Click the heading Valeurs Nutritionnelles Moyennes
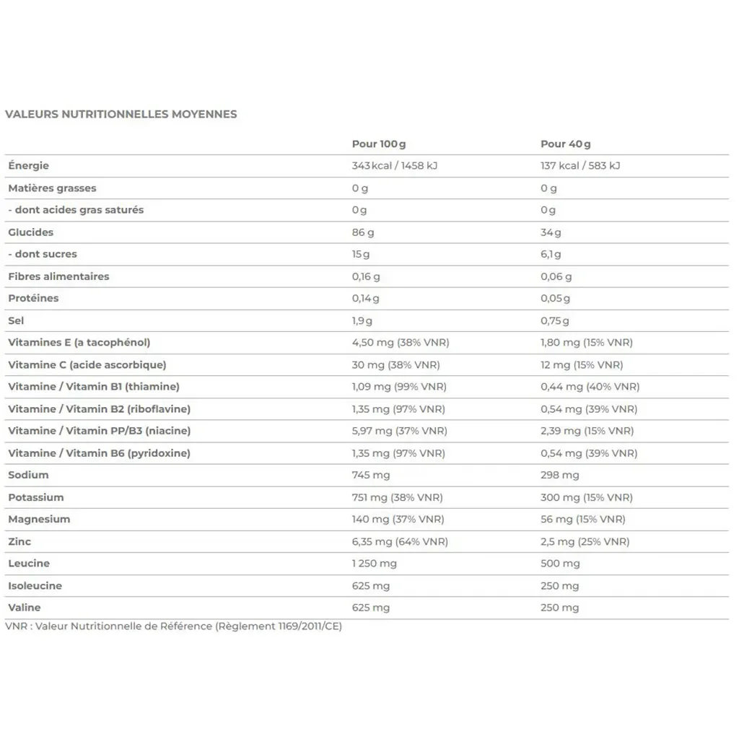pyautogui.click(x=121, y=114)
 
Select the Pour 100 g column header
pyautogui.click(x=379, y=144)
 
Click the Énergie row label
pyautogui.click(x=29, y=165)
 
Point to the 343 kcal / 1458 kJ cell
pyautogui.click(x=395, y=165)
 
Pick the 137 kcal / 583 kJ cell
pyautogui.click(x=580, y=165)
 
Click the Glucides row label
pyautogui.click(x=31, y=232)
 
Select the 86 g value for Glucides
pyautogui.click(x=363, y=232)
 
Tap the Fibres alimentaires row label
pyautogui.click(x=58, y=276)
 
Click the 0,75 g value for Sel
pyautogui.click(x=555, y=320)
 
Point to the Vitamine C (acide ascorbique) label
pyautogui.click(x=87, y=364)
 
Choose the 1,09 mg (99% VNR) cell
pyautogui.click(x=399, y=387)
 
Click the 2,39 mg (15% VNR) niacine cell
pyautogui.click(x=587, y=431)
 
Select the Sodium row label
pyautogui.click(x=29, y=475)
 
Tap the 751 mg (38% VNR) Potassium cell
pyautogui.click(x=397, y=497)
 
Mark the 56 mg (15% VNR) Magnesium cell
pyautogui.click(x=582, y=519)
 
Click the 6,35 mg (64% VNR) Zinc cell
pyautogui.click(x=400, y=541)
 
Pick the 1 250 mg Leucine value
pyautogui.click(x=374, y=563)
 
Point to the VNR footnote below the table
pyautogui.click(x=173, y=626)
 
